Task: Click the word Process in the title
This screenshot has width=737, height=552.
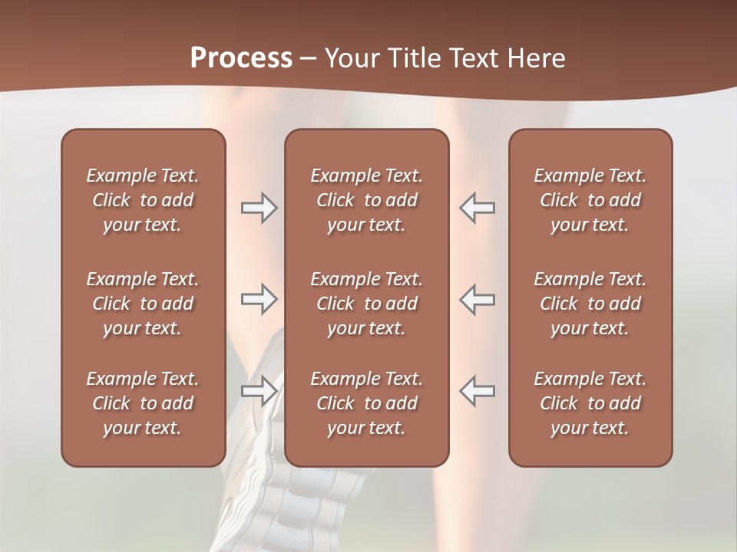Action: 241,58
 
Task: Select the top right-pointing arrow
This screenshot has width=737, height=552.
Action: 259,208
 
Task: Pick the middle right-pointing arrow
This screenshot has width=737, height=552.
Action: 259,299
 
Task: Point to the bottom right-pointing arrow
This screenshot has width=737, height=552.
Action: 259,391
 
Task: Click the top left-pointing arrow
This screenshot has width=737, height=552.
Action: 477,208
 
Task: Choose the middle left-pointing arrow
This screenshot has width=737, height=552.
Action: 477,299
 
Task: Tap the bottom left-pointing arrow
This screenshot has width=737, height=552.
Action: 477,391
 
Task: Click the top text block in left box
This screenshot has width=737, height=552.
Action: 143,200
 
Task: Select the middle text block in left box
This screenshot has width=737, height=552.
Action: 143,304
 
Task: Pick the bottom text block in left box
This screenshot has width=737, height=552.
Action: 143,403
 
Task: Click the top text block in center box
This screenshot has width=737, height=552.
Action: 367,200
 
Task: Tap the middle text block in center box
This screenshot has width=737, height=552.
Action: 367,304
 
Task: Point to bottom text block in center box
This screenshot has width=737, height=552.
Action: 367,403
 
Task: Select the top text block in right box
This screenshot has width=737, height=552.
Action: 590,200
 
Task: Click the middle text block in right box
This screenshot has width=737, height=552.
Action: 590,304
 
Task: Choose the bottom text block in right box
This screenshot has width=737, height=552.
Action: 590,403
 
